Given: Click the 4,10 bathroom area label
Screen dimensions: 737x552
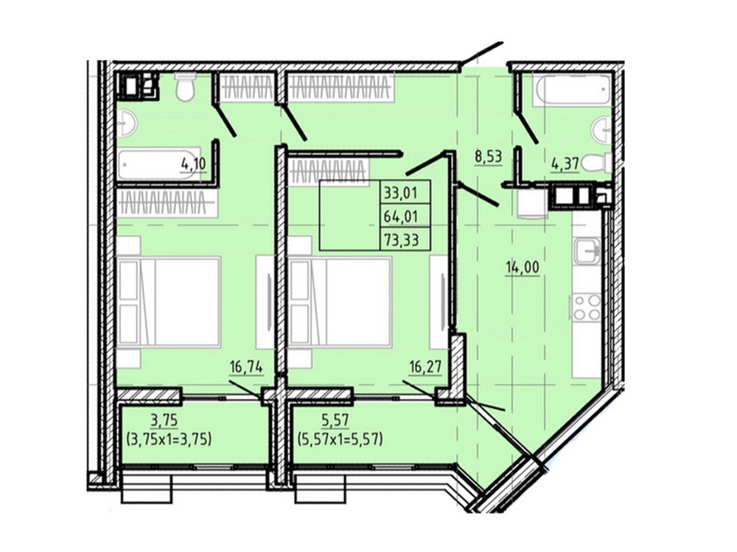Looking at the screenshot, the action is [194, 164].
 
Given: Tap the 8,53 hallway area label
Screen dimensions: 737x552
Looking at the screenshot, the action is [489, 156].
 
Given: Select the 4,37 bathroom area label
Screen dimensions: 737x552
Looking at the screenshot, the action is [565, 165].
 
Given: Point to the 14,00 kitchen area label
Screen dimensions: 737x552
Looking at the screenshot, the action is [523, 268].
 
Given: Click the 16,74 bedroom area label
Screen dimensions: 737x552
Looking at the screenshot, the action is [245, 367].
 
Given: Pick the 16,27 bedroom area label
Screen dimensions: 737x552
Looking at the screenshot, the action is [425, 367].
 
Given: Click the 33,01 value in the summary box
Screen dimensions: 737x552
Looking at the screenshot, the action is [400, 192].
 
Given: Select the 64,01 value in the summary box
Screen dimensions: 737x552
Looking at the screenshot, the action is [400, 216].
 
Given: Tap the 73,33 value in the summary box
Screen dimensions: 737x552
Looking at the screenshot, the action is [400, 241].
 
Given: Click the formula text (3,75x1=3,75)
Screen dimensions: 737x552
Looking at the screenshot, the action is [169, 439].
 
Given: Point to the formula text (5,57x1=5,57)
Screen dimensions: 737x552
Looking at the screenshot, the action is [340, 439].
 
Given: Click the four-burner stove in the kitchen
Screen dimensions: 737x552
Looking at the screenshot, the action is [586, 307].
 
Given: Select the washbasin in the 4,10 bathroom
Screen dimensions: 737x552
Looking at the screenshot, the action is [127, 124].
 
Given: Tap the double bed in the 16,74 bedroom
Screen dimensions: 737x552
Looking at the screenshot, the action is [170, 302].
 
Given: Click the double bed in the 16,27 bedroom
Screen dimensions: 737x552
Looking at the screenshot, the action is [340, 302].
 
